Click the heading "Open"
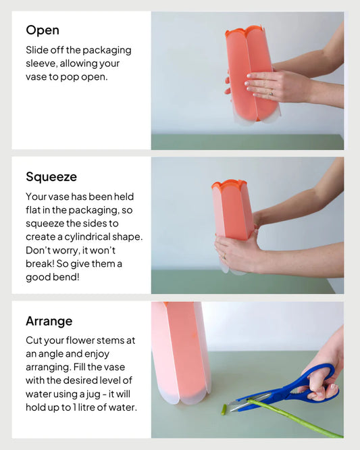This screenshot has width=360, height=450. (43, 30)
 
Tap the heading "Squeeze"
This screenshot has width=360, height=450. (51, 177)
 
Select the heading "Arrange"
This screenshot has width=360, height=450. (49, 321)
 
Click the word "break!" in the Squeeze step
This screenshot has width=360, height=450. (40, 264)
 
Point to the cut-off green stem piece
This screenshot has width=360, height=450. (224, 409)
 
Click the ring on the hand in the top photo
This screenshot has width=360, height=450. (271, 93)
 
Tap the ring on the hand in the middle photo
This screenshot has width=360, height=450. (224, 256)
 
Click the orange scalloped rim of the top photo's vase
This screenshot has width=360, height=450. (244, 30)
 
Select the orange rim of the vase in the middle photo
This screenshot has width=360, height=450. (229, 183)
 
